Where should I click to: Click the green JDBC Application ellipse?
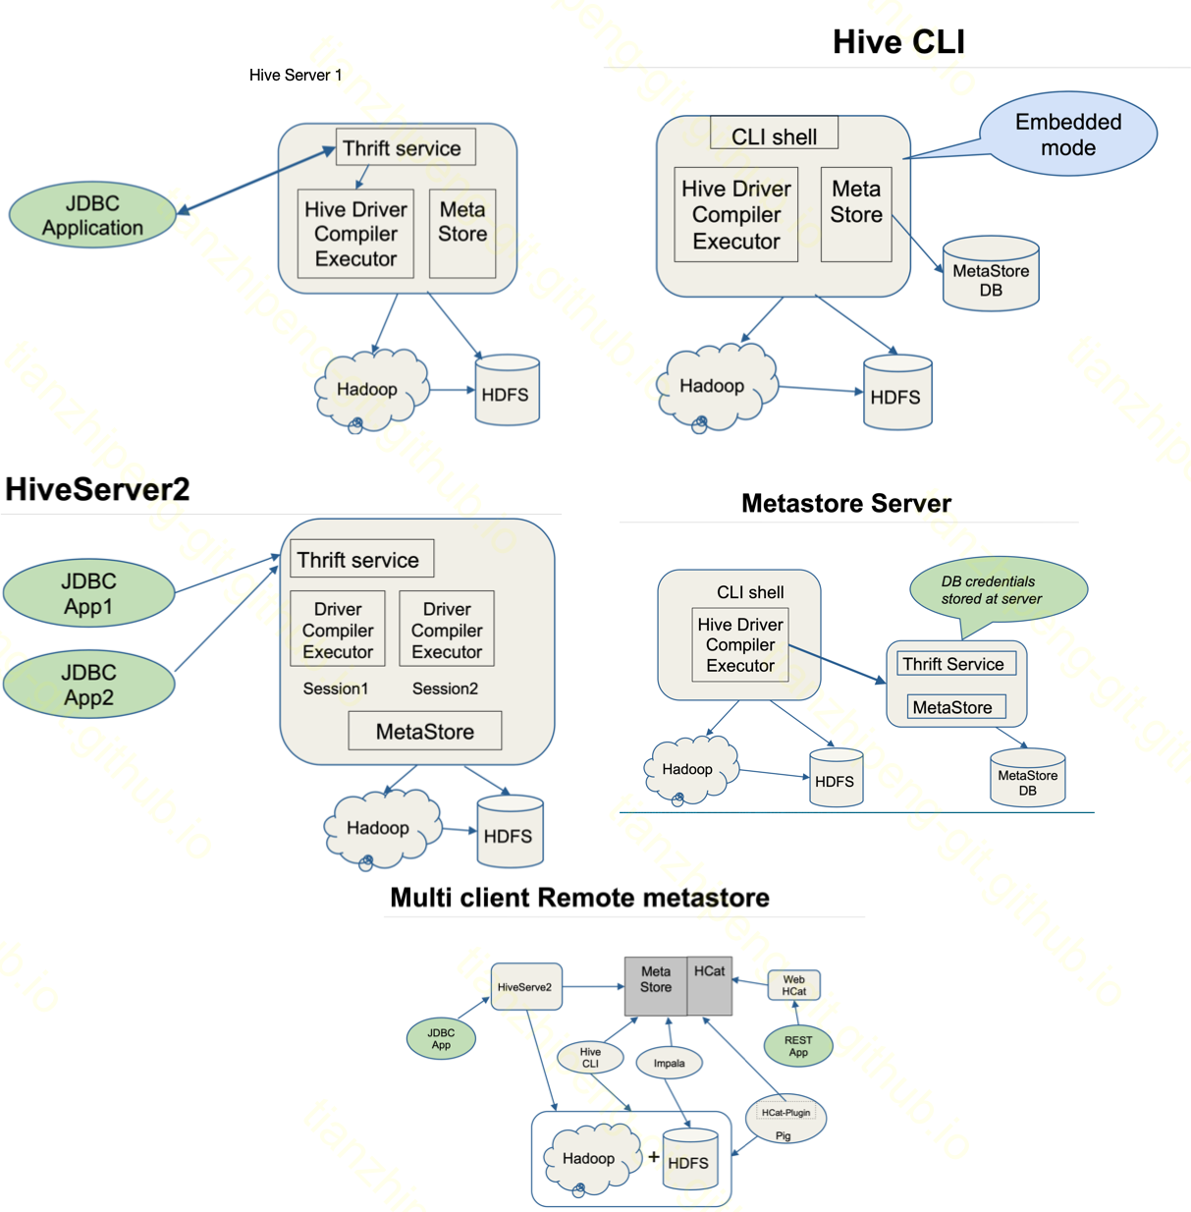(92, 215)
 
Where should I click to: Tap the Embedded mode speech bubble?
(1068, 135)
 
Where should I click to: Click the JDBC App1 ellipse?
(88, 593)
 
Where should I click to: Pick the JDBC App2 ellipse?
(88, 685)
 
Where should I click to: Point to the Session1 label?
(336, 689)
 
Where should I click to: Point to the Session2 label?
(445, 689)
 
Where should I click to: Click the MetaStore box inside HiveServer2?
(425, 731)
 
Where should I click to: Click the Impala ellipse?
(669, 1063)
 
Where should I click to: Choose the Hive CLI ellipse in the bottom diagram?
(590, 1057)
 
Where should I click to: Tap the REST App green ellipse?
(798, 1046)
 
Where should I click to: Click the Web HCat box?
(793, 985)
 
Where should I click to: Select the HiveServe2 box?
(526, 986)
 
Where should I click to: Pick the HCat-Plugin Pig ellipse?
(785, 1119)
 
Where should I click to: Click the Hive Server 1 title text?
(296, 75)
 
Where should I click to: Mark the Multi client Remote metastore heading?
(579, 898)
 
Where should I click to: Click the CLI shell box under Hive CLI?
(774, 136)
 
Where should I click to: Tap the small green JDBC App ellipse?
(441, 1038)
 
